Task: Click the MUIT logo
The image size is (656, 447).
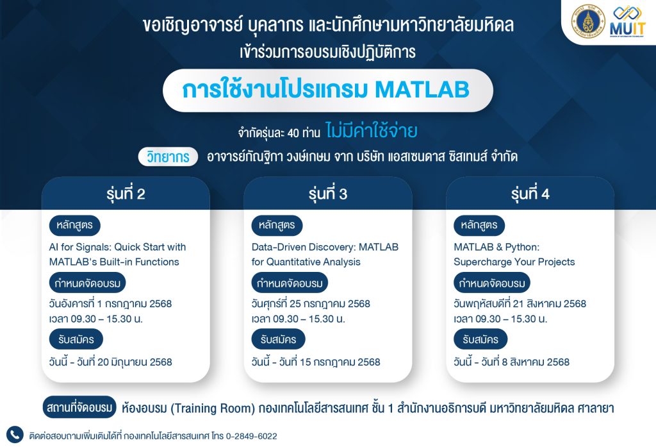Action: click(628, 22)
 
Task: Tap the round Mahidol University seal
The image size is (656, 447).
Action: click(588, 21)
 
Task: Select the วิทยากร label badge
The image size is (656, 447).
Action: click(168, 157)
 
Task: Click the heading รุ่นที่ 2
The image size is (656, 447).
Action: click(126, 194)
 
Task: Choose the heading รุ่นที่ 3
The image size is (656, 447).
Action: click(328, 194)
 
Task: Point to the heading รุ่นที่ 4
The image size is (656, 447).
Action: click(530, 194)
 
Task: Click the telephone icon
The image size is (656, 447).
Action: click(15, 435)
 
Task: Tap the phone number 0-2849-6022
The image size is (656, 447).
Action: click(251, 436)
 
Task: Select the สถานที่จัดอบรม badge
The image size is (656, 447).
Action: click(79, 407)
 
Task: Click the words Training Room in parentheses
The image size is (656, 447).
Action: click(213, 408)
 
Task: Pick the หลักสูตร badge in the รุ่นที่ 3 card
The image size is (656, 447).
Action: click(277, 225)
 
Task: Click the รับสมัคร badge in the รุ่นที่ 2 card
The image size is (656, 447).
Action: click(76, 339)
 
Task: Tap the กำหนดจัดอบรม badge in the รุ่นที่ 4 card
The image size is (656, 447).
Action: click(492, 283)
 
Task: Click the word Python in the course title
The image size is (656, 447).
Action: click(521, 247)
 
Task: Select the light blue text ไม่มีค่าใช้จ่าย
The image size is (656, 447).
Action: click(372, 131)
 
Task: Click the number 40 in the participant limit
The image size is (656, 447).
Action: click(293, 133)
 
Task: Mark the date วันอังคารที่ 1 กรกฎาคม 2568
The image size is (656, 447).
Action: click(110, 304)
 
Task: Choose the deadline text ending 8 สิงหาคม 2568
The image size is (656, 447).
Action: click(512, 362)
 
